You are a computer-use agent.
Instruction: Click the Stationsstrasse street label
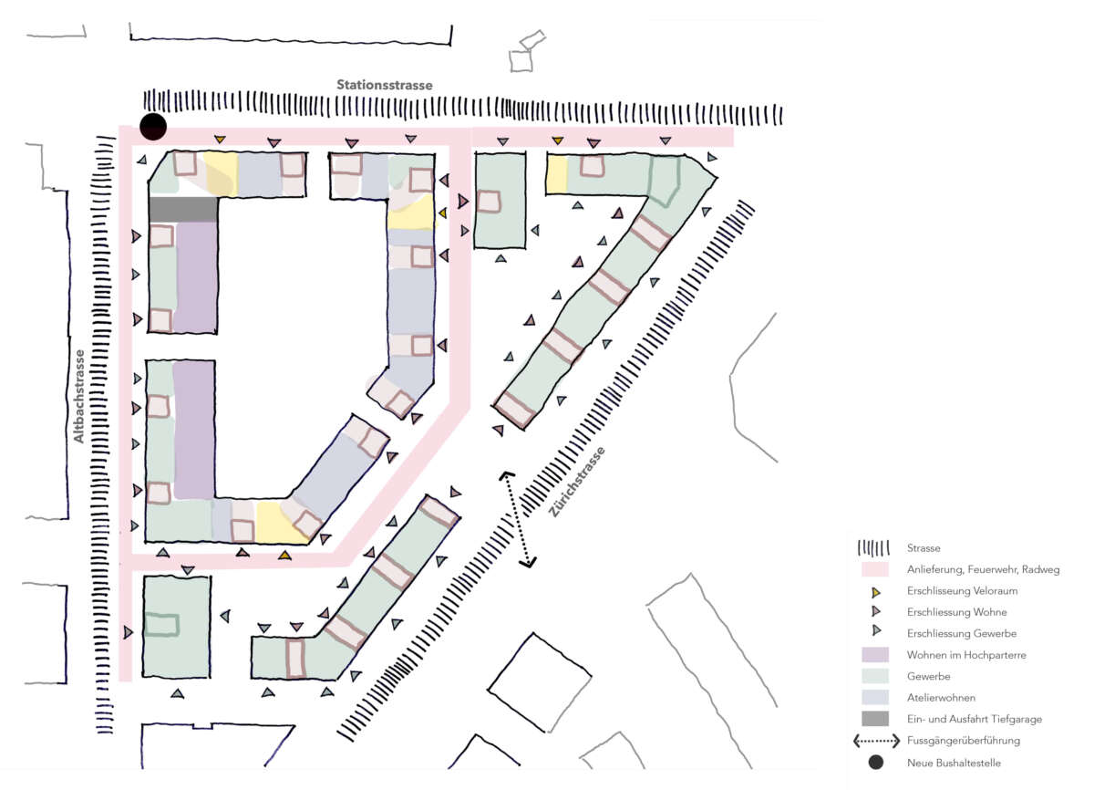tap(385, 85)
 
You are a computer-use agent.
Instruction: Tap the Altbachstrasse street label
tap(78, 396)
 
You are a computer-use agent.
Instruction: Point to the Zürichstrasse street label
tap(577, 482)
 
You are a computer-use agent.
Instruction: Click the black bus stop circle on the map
tap(153, 127)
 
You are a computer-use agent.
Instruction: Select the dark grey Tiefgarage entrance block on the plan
tap(183, 209)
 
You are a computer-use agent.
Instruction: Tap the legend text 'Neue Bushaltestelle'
tap(954, 763)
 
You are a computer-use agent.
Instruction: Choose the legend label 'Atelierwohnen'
tap(941, 698)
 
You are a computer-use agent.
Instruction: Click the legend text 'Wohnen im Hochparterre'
tap(966, 655)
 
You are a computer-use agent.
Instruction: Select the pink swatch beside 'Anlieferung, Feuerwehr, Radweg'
tap(874, 569)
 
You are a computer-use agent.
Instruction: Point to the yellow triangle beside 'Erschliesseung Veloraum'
tap(876, 592)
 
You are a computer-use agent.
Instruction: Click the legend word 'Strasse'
tap(923, 548)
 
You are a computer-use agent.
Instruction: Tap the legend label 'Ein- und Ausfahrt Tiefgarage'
tap(974, 719)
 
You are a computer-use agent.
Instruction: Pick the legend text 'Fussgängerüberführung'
tap(963, 741)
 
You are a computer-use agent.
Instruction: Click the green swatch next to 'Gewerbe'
tap(874, 676)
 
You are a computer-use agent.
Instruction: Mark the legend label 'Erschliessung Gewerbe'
tap(961, 633)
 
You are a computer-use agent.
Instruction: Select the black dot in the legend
tap(875, 762)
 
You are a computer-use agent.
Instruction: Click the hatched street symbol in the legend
tap(873, 547)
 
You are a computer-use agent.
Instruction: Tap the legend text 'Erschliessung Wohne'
tap(956, 612)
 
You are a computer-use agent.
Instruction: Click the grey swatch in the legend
tap(874, 719)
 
